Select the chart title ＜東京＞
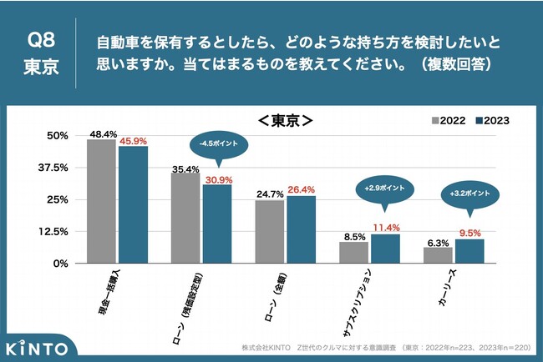pos(285,120)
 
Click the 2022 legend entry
pos(449,120)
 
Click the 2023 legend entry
pos(492,120)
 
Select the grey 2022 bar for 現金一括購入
pos(101,201)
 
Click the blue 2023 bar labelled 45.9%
pos(133,204)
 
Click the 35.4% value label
pos(185,169)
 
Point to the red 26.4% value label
pos(301,189)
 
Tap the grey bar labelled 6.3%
pos(438,254)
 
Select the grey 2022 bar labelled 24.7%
pos(270,231)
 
